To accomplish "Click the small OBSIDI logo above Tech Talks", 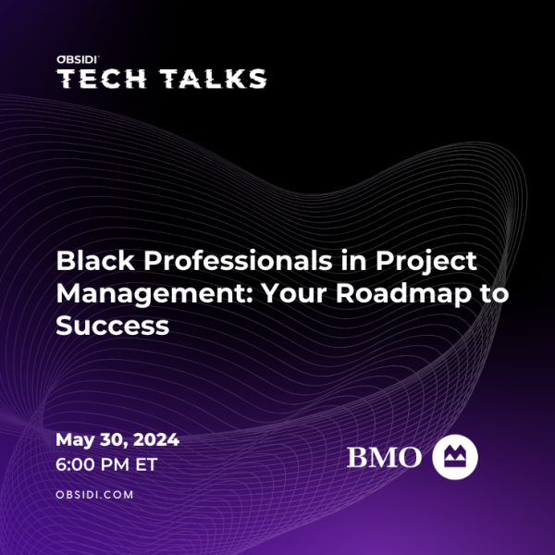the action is click(x=77, y=60).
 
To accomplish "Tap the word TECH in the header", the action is click(x=102, y=79).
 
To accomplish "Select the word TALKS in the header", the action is click(x=213, y=79).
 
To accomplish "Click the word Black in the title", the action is click(x=95, y=261).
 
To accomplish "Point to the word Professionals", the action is click(x=238, y=261).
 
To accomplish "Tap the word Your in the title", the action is click(x=294, y=294).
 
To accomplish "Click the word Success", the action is click(x=113, y=326).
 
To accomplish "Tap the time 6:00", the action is click(x=76, y=464).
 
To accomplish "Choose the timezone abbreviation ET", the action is click(x=146, y=464).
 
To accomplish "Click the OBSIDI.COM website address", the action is click(x=94, y=495).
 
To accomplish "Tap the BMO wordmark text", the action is click(x=384, y=457).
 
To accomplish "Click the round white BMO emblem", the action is click(x=455, y=457).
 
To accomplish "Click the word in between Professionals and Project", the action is click(x=354, y=261).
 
